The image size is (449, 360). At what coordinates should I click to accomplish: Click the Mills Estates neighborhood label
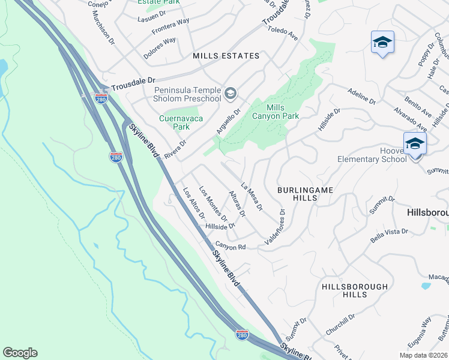(x=226, y=56)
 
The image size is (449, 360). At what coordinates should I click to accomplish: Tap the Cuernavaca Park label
(x=174, y=122)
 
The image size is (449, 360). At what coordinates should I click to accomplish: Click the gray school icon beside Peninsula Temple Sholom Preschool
(x=231, y=94)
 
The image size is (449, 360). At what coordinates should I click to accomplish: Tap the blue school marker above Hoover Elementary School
(x=415, y=143)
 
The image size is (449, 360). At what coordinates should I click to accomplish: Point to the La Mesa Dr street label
(x=252, y=197)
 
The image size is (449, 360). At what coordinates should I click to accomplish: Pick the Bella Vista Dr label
(x=389, y=235)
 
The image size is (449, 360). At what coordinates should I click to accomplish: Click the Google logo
(x=20, y=353)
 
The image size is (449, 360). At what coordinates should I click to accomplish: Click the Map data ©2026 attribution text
(x=424, y=355)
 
